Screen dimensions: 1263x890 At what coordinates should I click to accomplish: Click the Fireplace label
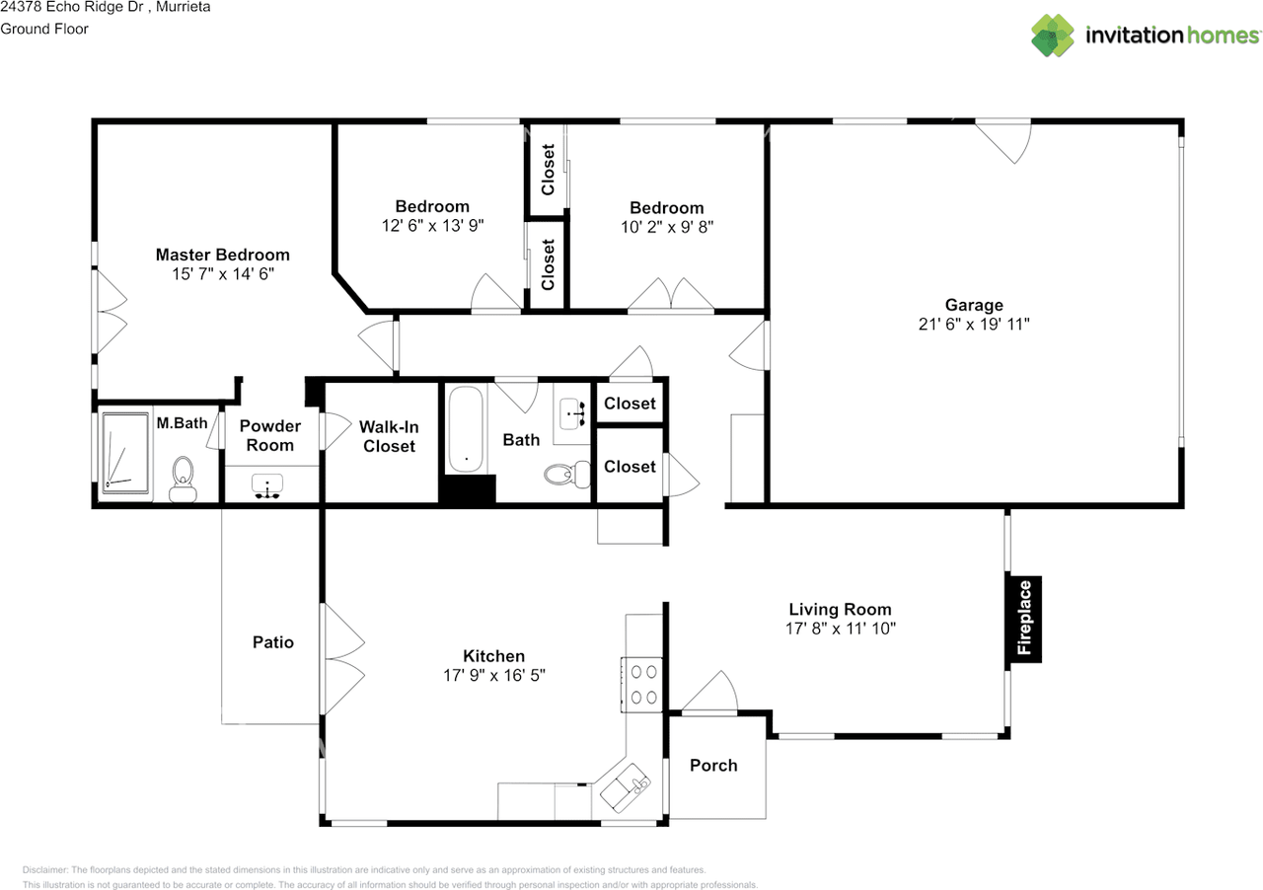(x=1024, y=618)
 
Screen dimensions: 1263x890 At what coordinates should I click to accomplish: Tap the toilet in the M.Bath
(x=183, y=479)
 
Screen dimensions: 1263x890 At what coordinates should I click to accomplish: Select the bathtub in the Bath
(x=466, y=430)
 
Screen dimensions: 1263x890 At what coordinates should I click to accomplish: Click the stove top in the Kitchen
(x=642, y=685)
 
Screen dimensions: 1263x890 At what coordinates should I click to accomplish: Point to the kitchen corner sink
(x=626, y=788)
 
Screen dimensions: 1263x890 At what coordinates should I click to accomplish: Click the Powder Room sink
(x=267, y=486)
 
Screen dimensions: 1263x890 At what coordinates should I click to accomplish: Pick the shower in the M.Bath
(x=125, y=453)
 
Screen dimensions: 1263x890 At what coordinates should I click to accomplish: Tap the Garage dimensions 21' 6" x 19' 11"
(x=974, y=325)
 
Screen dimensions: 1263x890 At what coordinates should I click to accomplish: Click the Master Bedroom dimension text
(x=223, y=274)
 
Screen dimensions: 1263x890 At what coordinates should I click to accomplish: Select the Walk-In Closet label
(x=389, y=436)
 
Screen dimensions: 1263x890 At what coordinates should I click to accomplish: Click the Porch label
(x=713, y=766)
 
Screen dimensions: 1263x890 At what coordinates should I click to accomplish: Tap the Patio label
(x=273, y=642)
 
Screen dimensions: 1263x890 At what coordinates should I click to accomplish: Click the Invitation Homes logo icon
(x=1053, y=36)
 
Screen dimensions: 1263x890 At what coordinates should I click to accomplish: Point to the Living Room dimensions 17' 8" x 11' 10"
(x=840, y=629)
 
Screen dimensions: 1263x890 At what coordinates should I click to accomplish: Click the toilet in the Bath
(x=567, y=474)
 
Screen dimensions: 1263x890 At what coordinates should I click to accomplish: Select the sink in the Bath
(x=571, y=413)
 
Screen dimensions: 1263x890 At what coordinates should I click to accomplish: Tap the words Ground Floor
(x=44, y=29)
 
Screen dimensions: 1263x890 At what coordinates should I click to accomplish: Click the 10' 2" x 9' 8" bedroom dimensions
(x=667, y=227)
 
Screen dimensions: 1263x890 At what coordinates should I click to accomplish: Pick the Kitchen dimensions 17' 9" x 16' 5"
(x=494, y=676)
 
